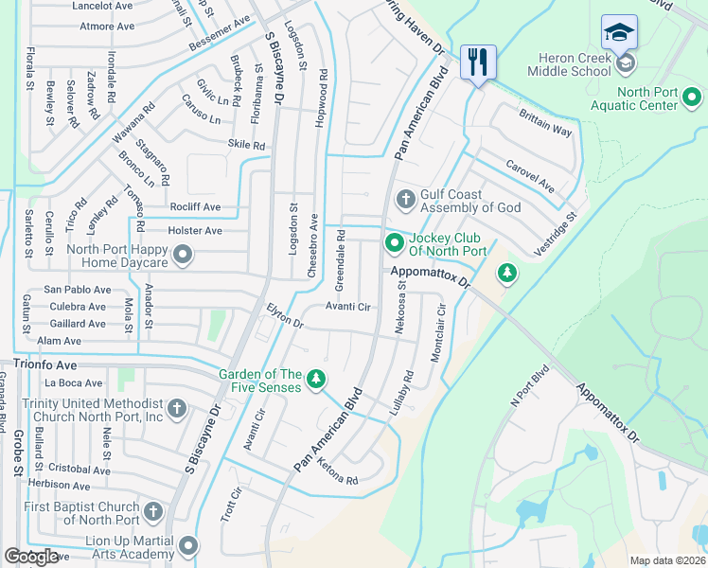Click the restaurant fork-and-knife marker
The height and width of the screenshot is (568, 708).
point(477,63)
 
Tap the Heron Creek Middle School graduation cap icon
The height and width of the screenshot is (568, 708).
point(619,32)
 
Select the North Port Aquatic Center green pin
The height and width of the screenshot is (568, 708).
point(692,98)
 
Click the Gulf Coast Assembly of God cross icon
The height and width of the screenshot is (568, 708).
point(405,199)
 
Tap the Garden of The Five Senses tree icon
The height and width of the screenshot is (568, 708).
point(316,380)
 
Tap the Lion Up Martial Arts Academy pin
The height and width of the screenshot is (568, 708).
point(188,545)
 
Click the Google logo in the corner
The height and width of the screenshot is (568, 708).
point(31,557)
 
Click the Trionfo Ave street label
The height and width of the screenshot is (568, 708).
point(44,363)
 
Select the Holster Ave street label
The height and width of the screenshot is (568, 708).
point(195,230)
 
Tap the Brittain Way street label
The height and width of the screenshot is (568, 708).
point(545,122)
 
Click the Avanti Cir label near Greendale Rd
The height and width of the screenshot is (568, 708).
point(347,307)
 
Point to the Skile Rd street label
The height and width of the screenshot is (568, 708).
point(246,145)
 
